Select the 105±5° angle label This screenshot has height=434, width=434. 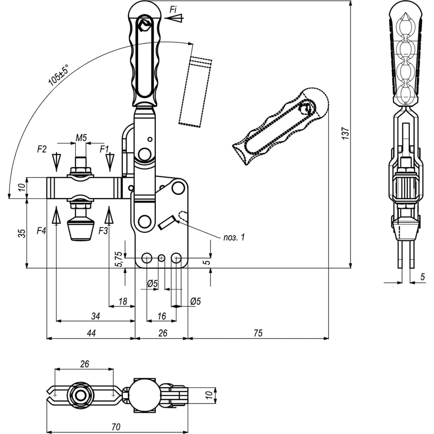[x=59, y=75]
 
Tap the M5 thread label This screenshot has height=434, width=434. [x=81, y=138]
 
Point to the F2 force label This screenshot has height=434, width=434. [x=42, y=149]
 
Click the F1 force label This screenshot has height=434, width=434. [x=105, y=149]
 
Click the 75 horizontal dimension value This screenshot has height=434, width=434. [x=258, y=333]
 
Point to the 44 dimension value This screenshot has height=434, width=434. [x=91, y=333]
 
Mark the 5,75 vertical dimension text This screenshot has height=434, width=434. [x=118, y=260]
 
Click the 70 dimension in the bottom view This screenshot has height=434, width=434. [x=115, y=427]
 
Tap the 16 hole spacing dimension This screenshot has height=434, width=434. [x=161, y=316]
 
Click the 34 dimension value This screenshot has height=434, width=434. [x=95, y=316]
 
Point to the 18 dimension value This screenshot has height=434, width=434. [x=122, y=301]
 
